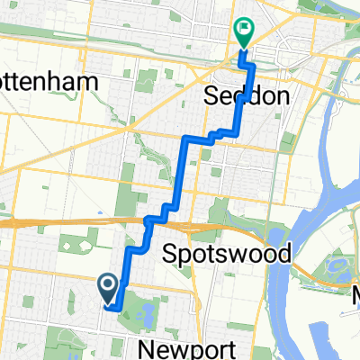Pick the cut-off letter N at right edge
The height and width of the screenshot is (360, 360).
355,294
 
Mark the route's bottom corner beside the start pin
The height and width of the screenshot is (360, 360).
118,309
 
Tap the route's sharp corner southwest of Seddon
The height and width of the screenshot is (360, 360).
186,138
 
